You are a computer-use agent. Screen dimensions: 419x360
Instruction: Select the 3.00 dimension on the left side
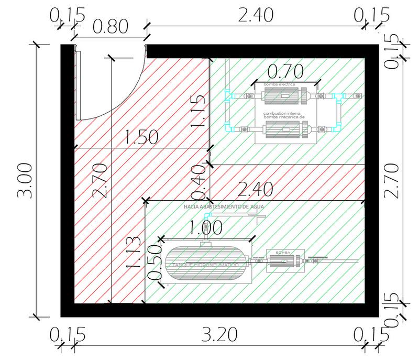25,180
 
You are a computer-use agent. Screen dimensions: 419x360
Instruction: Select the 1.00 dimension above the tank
205,227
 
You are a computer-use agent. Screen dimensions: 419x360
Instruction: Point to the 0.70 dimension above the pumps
285,70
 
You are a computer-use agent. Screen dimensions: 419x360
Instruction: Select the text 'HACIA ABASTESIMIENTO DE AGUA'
224,208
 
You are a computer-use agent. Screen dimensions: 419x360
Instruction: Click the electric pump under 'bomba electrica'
283,97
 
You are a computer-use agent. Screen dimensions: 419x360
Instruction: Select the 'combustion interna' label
281,113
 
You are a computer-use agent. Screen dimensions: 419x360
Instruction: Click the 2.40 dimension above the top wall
255,15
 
